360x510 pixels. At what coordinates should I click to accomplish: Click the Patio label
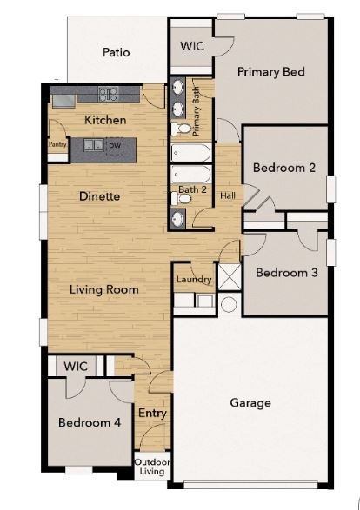coord(116,52)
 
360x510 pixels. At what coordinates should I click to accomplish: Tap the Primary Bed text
coord(270,72)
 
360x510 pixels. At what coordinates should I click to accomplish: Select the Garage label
coord(250,402)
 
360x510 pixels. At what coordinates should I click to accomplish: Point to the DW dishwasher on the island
coord(114,146)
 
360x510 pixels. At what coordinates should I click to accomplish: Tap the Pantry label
coord(57,145)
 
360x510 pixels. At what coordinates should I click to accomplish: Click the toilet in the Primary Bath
coord(182,129)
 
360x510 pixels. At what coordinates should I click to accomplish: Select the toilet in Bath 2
coord(182,199)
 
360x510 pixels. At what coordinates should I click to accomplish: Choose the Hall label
coord(227,196)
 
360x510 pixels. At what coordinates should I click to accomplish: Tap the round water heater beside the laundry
coord(228,305)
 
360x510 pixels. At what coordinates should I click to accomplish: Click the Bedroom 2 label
coord(283,168)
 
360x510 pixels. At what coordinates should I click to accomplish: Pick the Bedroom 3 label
coord(286,272)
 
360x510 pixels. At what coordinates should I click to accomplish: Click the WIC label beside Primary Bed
coord(192,47)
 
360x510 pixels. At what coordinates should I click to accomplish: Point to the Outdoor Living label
coord(152,467)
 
